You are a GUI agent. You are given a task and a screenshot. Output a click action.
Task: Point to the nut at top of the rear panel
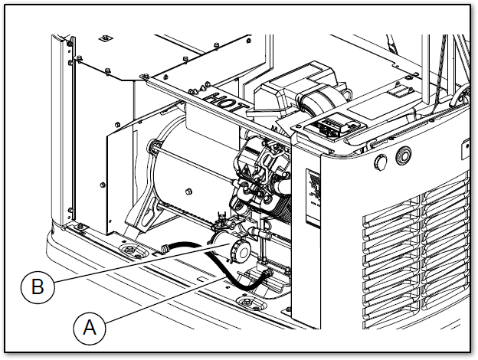click(105, 36)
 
